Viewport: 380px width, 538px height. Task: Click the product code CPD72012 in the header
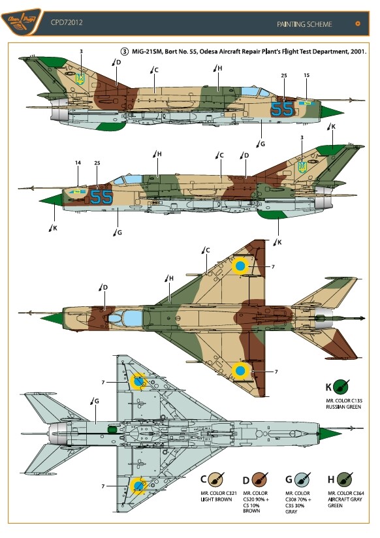click(x=67, y=23)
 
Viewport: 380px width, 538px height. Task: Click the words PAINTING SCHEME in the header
click(x=304, y=24)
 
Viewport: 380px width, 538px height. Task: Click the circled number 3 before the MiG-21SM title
click(x=124, y=52)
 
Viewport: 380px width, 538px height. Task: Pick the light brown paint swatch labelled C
click(x=215, y=479)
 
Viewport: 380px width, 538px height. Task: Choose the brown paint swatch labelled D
click(x=259, y=479)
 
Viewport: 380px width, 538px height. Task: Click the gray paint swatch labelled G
click(x=302, y=479)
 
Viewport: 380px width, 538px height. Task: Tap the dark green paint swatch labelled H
click(x=344, y=479)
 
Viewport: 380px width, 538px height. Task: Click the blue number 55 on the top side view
click(x=282, y=109)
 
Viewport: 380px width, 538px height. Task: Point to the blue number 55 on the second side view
click(x=101, y=197)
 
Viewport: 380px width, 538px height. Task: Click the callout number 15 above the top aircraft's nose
click(x=306, y=75)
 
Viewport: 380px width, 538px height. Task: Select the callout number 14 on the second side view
click(x=78, y=163)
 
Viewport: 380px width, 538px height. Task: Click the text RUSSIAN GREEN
click(x=343, y=407)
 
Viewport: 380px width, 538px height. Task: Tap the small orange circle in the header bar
click(x=358, y=24)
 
